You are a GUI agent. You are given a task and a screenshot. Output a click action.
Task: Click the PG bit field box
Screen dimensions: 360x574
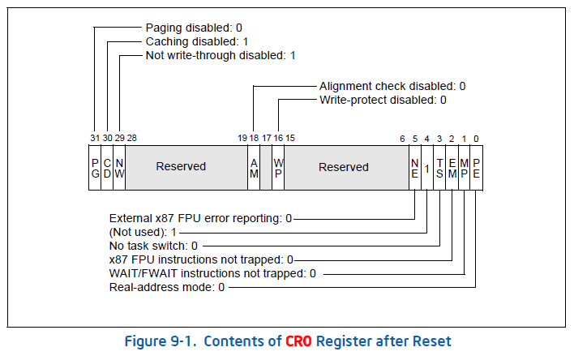point(95,167)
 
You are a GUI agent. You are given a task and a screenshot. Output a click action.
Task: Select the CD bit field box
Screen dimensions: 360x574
point(107,167)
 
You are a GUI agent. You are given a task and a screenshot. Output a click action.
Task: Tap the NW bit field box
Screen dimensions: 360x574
point(119,167)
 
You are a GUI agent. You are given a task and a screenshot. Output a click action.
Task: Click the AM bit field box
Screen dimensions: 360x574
point(253,167)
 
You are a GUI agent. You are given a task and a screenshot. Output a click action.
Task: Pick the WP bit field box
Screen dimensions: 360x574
point(277,167)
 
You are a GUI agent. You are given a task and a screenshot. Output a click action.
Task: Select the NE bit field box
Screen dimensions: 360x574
point(414,167)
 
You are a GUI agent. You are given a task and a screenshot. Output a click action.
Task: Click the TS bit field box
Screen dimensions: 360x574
point(439,167)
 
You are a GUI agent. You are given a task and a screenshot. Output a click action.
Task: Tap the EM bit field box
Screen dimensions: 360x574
point(452,167)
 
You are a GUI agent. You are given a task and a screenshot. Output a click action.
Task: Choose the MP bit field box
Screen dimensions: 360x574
point(464,167)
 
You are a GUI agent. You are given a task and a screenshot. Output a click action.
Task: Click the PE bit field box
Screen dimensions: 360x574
point(476,167)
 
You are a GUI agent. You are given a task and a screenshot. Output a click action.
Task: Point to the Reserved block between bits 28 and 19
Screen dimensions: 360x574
point(181,167)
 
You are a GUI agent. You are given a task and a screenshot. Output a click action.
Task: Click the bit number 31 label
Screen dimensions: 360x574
point(94,138)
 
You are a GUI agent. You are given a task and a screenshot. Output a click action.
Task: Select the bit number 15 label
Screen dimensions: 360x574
point(289,138)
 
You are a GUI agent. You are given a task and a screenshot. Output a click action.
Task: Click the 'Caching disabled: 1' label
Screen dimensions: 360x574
point(195,41)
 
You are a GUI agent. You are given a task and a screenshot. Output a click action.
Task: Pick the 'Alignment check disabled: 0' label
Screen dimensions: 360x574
point(392,86)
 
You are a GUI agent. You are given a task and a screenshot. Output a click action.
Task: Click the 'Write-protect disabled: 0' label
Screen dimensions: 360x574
point(383,100)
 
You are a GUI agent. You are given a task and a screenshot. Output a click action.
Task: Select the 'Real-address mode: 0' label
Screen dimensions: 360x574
point(167,288)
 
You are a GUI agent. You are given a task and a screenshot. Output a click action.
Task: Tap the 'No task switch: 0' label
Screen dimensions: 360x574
point(153,246)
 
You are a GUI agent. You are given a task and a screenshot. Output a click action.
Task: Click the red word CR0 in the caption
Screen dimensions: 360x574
point(299,341)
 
